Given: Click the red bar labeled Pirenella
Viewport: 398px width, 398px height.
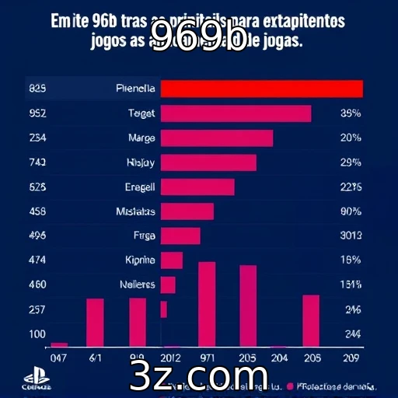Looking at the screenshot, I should (x=261, y=89).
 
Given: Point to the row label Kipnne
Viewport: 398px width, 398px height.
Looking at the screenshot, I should (x=140, y=260).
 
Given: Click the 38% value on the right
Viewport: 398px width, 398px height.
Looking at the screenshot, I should (x=351, y=113).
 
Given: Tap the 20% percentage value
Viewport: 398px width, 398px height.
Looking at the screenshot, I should (x=351, y=138).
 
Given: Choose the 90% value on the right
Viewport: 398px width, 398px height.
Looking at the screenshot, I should (x=351, y=211).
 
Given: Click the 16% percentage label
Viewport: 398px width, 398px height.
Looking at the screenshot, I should (x=351, y=260).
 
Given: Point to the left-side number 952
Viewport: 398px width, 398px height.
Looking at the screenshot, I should (x=37, y=113).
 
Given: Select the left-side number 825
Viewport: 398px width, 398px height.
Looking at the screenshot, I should (x=37, y=89).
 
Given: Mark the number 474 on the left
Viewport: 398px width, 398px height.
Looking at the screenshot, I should (x=37, y=260).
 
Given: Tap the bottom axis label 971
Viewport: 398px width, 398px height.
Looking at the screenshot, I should (x=207, y=358).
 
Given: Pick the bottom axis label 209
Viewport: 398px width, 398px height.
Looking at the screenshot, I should (x=351, y=358).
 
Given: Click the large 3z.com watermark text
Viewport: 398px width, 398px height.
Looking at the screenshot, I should (x=199, y=377).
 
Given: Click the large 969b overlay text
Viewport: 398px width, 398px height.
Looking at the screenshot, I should (x=197, y=37).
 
